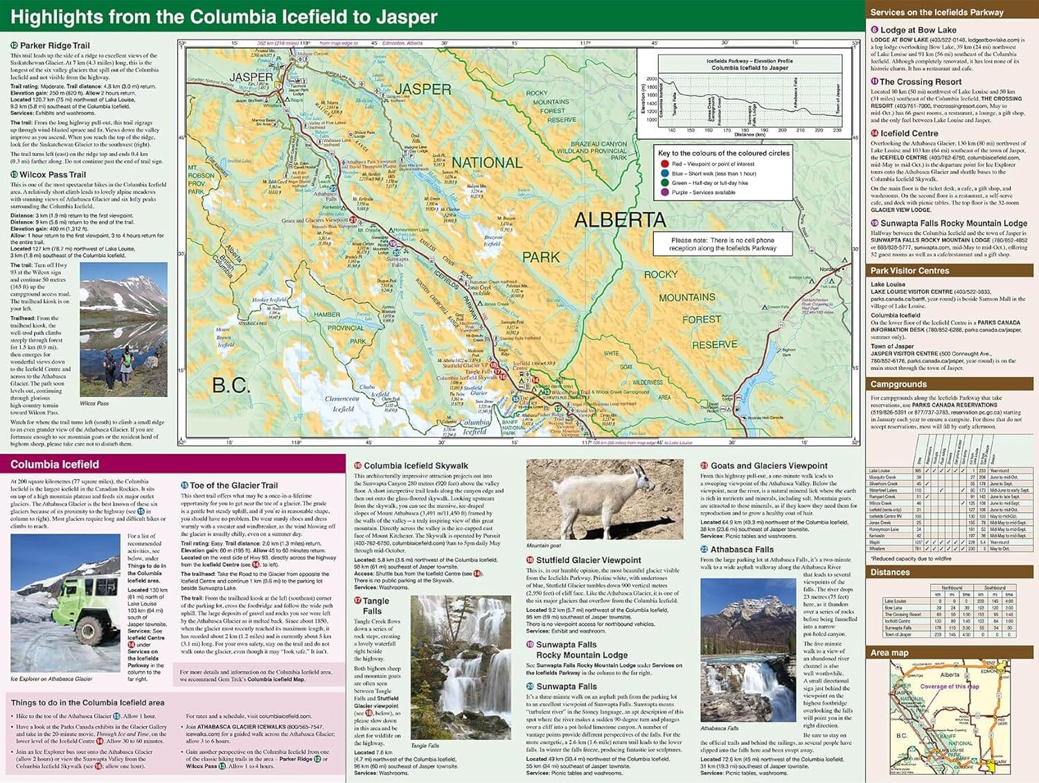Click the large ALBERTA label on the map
click(620, 220)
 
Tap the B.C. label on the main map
click(231, 385)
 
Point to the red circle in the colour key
click(664, 164)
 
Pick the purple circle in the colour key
click(664, 193)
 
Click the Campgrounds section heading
click(898, 384)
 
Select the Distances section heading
click(890, 572)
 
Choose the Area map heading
click(889, 653)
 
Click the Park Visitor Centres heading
click(909, 271)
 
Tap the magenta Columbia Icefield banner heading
click(55, 464)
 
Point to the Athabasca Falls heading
click(742, 549)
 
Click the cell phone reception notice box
click(722, 244)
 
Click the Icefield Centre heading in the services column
click(909, 134)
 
